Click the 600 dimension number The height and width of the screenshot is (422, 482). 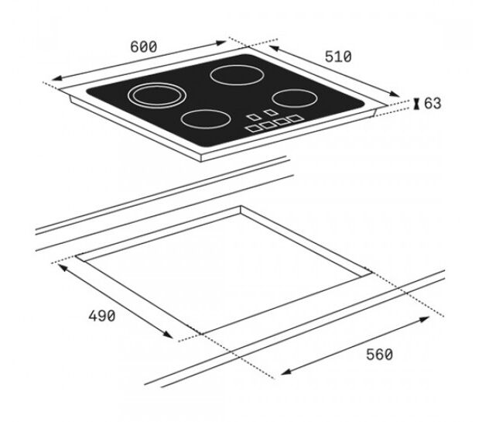pos(144,46)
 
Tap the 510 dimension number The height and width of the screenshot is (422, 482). pos(338,57)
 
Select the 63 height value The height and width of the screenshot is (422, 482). pos(432,103)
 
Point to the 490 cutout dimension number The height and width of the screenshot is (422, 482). pos(102,316)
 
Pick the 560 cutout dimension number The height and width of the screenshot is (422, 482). pos(379,355)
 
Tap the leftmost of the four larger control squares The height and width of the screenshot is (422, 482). pos(253,129)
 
